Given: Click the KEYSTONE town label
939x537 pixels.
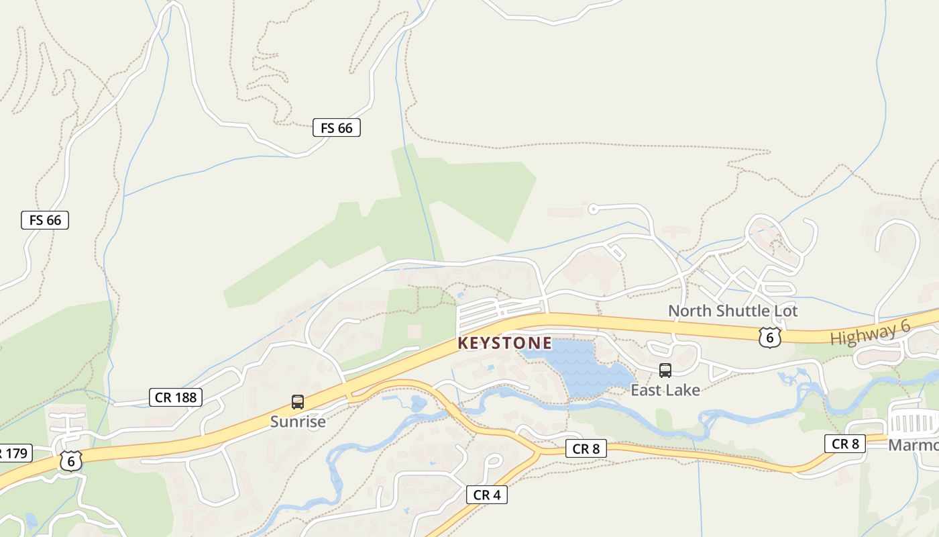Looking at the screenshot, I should [504, 344].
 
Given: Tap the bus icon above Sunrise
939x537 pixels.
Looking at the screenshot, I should [298, 402].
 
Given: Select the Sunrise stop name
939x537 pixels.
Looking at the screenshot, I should [298, 422].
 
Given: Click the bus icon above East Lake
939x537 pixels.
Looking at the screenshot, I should [665, 371].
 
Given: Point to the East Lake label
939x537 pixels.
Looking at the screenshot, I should [665, 390].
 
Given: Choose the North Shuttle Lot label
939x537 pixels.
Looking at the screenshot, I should [733, 311].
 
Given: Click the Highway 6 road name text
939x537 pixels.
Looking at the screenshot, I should [870, 333].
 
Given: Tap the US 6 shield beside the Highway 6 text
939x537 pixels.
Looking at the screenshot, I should [769, 337].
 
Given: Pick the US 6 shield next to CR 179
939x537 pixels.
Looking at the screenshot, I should [70, 460].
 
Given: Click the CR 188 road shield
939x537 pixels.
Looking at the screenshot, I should [176, 397].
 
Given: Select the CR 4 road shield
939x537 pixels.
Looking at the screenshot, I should [487, 495].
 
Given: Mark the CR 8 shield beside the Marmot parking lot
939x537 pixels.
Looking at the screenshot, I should [845, 444].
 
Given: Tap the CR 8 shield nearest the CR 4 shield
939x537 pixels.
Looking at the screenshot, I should [586, 448].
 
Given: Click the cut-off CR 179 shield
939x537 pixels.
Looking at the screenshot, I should [13, 453].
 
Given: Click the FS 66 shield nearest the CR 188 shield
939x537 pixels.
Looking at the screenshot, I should [45, 219].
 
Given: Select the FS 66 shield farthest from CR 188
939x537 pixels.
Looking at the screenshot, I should [337, 128].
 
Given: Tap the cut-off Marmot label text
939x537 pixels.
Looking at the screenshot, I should [914, 446].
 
